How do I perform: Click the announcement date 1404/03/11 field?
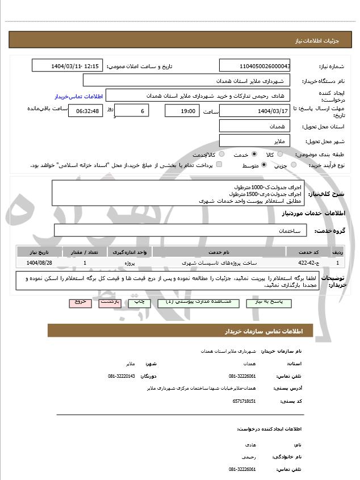[68, 66]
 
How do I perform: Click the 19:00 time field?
[182, 110]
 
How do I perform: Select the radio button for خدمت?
[254, 154]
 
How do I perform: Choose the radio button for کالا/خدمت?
[221, 154]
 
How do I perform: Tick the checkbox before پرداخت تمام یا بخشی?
[219, 165]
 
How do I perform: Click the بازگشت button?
[110, 302]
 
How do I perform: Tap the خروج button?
[81, 302]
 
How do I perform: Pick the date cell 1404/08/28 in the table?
[39, 263]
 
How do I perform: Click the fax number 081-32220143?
[122, 376]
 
